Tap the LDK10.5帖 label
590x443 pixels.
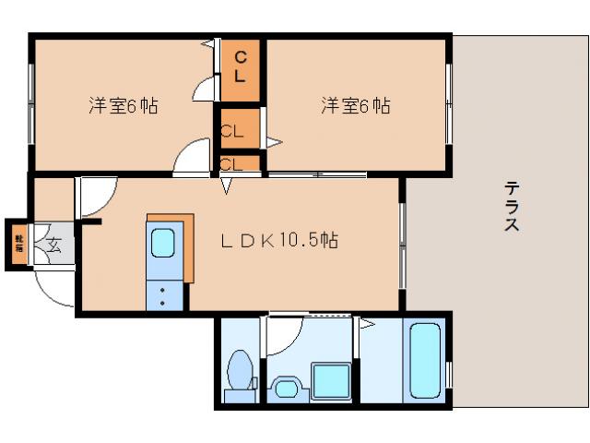(x=279, y=241)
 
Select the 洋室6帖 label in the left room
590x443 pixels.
(x=123, y=105)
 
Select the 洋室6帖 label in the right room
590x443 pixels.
(x=355, y=105)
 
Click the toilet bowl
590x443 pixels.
(x=241, y=375)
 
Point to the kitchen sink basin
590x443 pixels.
(x=163, y=245)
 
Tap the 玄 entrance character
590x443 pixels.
(x=53, y=245)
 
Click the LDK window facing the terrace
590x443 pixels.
(x=402, y=243)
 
